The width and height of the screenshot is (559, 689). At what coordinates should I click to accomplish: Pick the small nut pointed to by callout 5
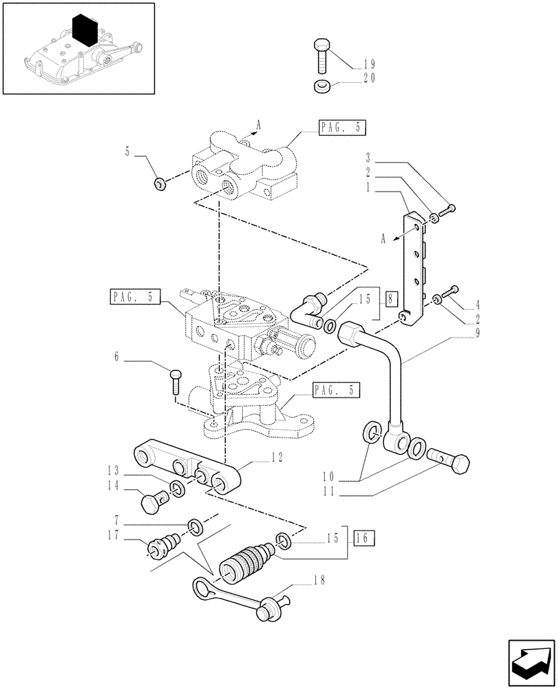point(159,183)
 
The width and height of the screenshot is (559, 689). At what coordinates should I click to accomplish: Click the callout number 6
point(116,357)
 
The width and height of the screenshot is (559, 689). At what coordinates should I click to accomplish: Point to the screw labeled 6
point(176,380)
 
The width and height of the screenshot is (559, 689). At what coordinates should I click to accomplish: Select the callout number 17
point(114,535)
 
